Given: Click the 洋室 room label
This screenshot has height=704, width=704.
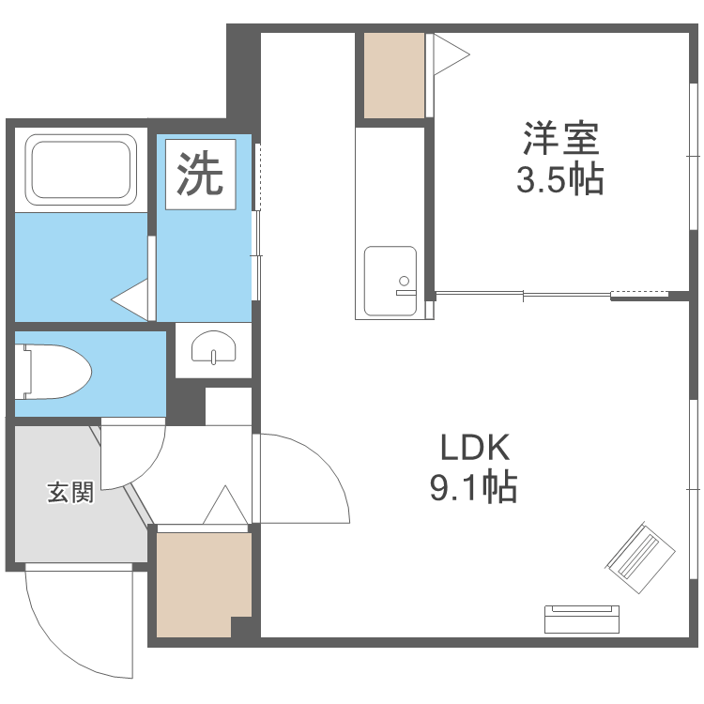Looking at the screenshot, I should tap(560, 141).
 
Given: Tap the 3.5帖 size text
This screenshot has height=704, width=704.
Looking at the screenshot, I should tap(560, 178).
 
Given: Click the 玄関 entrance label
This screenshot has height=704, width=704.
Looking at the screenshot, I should tap(70, 492).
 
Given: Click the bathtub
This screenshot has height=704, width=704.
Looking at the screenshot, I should tap(81, 169).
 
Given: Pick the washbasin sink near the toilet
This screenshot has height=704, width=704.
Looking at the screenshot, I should tap(213, 350).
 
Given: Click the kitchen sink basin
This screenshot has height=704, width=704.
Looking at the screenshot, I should tap(390, 279).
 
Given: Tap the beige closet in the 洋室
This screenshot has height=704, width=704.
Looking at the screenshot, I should tap(393, 76).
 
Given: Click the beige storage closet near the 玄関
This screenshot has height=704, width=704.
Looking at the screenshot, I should tap(201, 583).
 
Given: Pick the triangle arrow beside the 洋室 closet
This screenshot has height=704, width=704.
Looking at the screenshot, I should tap(449, 57).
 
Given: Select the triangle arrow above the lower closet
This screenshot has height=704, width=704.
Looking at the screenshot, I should tap(225, 507).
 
